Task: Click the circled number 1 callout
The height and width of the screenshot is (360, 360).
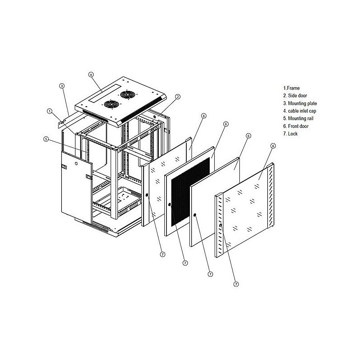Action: tap(49, 111)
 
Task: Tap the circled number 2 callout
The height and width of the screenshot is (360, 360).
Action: tap(178, 96)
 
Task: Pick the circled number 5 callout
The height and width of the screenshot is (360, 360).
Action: tap(46, 139)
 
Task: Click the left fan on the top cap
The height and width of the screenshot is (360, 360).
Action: tap(110, 104)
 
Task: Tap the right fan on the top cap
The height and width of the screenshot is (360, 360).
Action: tap(128, 96)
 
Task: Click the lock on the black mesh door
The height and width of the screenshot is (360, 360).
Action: tap(170, 205)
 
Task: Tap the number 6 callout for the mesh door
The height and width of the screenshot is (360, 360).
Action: tap(226, 124)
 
